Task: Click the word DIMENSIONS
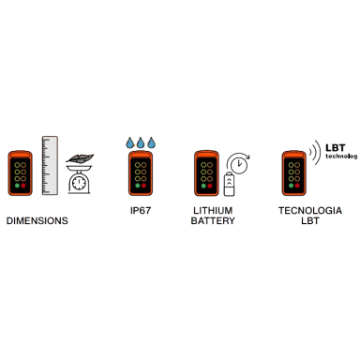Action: point(37,221)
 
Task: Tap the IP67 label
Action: point(141,211)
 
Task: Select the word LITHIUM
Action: point(213,211)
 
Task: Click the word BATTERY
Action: point(213,221)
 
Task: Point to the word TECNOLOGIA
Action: point(310,211)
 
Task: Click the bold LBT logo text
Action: point(336,147)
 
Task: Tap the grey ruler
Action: point(50,165)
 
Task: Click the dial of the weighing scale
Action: point(79,184)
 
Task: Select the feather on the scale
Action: point(80,158)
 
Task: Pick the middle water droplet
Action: point(141,142)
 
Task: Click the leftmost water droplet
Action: point(130,142)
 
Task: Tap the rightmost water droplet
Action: point(151,142)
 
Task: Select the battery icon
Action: point(229,184)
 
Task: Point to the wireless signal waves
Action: point(315,152)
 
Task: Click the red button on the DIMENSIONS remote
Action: point(23,186)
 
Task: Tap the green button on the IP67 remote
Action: point(138,186)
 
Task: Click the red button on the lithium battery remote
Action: point(210,186)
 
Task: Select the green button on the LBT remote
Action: point(291,186)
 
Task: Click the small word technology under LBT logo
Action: point(341,156)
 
